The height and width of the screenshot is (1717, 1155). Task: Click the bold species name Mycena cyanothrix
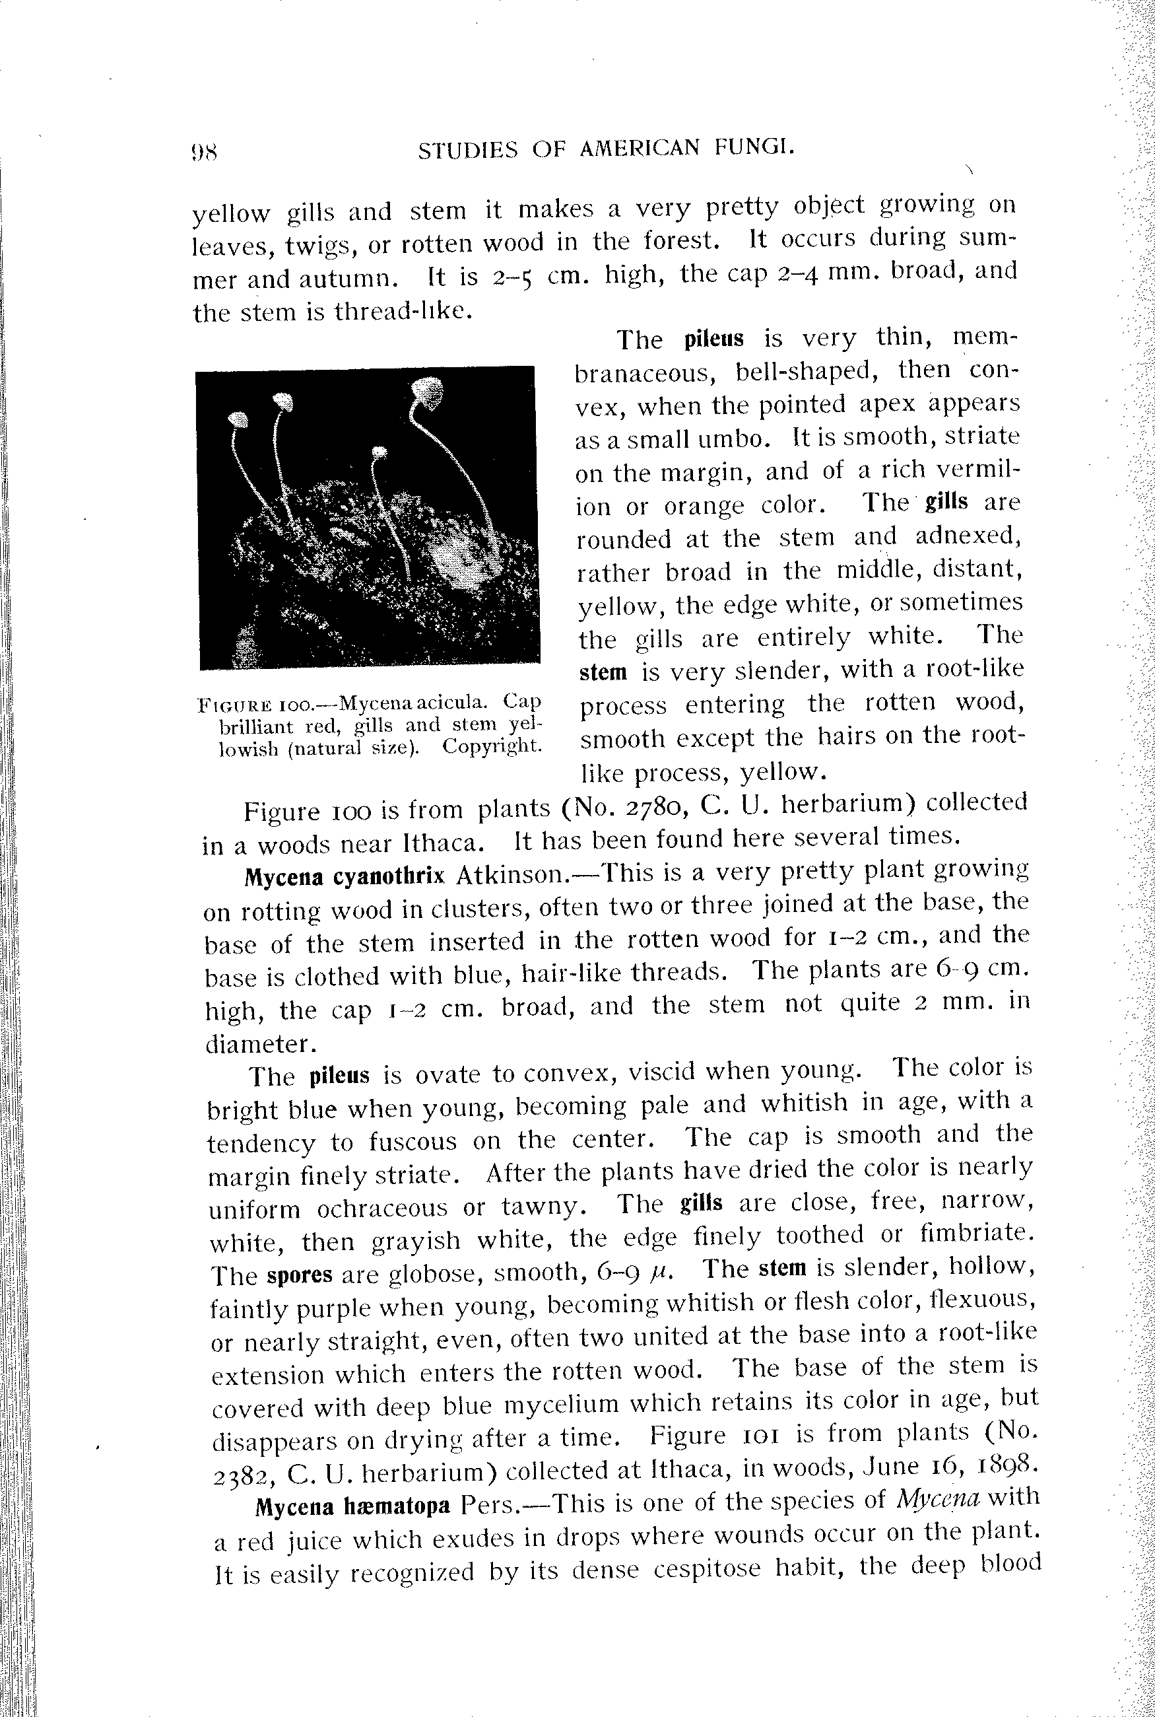[x=345, y=877]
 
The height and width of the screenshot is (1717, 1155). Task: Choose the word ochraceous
[x=382, y=1209]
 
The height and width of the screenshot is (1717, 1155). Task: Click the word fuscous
[x=412, y=1143]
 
